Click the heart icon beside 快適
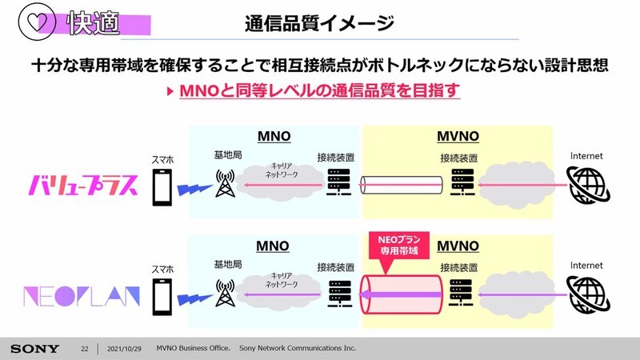tap(37, 22)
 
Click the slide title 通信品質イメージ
tap(319, 23)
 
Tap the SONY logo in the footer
tap(34, 349)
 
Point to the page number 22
tap(85, 349)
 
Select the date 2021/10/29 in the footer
tap(124, 349)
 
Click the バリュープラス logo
tap(83, 186)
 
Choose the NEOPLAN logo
tap(82, 296)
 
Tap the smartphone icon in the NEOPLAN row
tap(162, 297)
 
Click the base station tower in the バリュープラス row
tap(225, 183)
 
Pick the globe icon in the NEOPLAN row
tap(588, 294)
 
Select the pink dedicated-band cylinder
tap(402, 294)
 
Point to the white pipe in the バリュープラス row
tap(402, 185)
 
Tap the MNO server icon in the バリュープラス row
tap(338, 182)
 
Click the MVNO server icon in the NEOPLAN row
tap(461, 293)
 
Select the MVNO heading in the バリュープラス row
tap(458, 136)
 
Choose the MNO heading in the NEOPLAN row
tap(273, 246)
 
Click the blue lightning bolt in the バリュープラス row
tap(194, 190)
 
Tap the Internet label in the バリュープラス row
tap(586, 156)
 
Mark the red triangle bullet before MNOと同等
tap(170, 90)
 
